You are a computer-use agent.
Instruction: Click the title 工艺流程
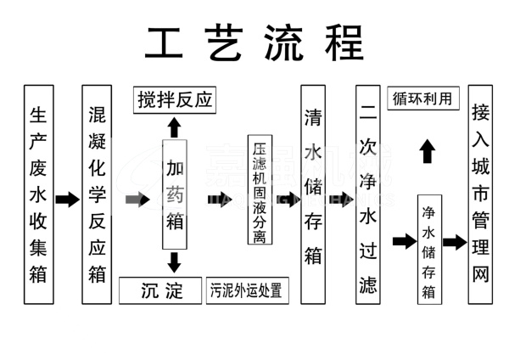[x=254, y=41]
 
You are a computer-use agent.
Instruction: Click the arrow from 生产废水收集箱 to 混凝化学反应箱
[x=66, y=200]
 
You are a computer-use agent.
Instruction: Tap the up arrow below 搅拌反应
[x=174, y=127]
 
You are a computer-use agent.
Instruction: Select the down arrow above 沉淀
[x=174, y=262]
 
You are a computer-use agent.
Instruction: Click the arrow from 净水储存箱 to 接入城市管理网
[x=455, y=242]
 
